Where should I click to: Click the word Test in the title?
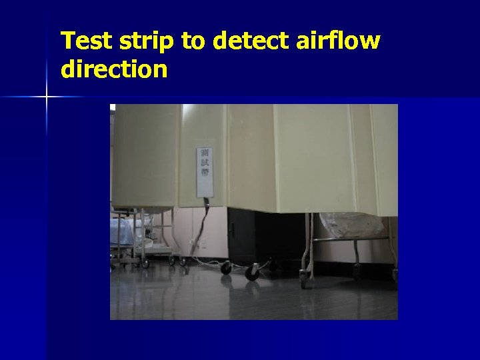[x=85, y=41]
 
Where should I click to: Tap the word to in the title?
[x=194, y=41]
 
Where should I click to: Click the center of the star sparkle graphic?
[x=47, y=97]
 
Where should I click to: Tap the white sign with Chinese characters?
[x=205, y=171]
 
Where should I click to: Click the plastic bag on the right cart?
[x=352, y=225]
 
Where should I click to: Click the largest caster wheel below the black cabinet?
[x=252, y=272]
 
